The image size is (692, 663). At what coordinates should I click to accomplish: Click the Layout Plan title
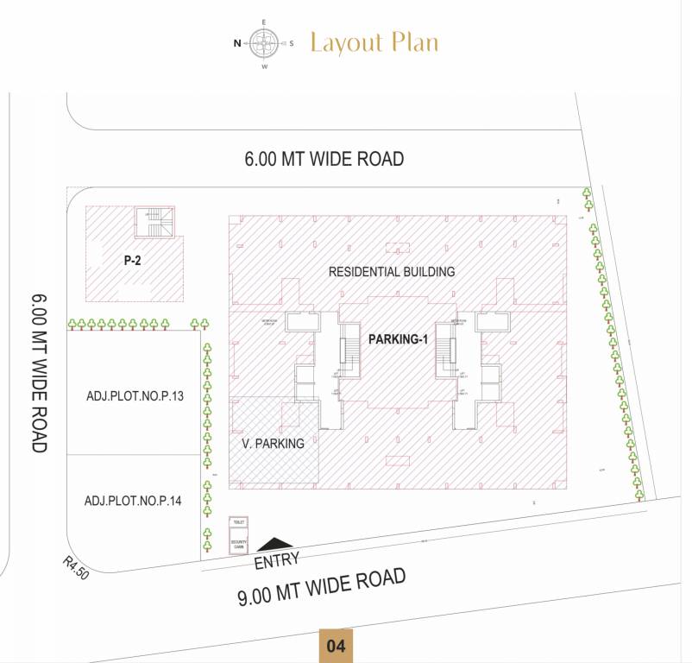(374, 42)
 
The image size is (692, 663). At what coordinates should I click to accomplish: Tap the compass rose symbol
(265, 41)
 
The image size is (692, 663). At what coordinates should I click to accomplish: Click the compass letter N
(237, 42)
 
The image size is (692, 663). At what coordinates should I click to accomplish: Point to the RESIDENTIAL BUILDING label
(391, 272)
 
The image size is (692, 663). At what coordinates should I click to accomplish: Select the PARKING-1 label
(399, 339)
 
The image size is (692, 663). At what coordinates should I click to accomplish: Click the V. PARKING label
(273, 444)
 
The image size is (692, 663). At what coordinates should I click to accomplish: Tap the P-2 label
(132, 258)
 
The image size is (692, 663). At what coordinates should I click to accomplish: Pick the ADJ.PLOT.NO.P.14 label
(133, 501)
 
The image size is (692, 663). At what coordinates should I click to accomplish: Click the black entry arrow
(275, 544)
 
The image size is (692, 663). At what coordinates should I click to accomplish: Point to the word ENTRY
(277, 561)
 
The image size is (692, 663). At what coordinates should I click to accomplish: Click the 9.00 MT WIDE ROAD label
(322, 589)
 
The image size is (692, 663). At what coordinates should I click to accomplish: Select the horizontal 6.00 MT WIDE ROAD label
(324, 159)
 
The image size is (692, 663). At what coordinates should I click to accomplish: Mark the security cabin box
(238, 545)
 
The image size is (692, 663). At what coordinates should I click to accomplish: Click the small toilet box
(238, 523)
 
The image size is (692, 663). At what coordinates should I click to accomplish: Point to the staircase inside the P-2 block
(154, 224)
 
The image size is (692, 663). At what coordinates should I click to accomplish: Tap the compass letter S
(292, 42)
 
